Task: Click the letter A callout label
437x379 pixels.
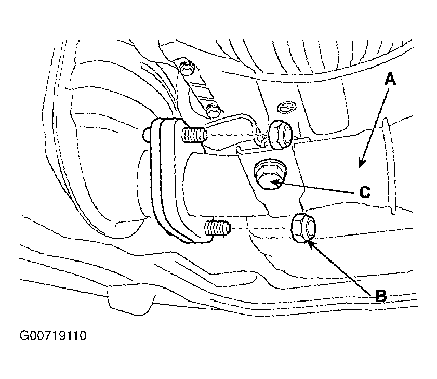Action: [390, 79]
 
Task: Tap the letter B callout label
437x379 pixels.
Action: [381, 296]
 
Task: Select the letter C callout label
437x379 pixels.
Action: [365, 192]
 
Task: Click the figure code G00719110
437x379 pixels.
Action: [53, 335]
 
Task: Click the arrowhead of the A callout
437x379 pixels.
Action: [362, 164]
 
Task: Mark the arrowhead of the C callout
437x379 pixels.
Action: [276, 183]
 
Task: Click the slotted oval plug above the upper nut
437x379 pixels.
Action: [287, 107]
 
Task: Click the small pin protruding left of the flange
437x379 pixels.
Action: [147, 134]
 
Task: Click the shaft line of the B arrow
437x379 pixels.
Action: [342, 269]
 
